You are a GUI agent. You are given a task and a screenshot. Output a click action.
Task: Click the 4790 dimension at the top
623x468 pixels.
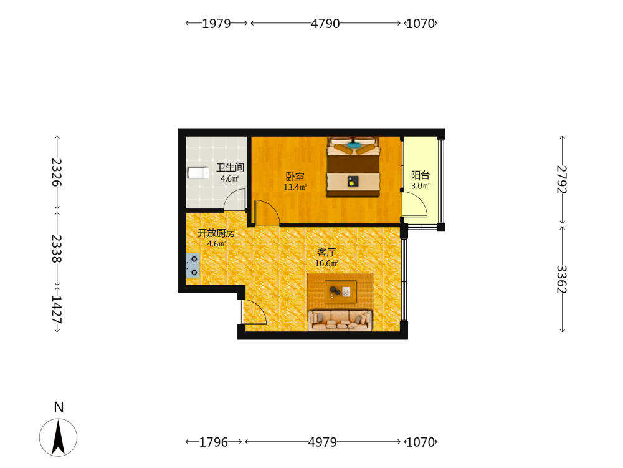(x=325, y=24)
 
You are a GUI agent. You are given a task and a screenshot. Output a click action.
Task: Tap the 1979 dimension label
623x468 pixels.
(x=217, y=24)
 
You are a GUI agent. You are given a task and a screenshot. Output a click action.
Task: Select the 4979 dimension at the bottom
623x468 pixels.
(x=323, y=442)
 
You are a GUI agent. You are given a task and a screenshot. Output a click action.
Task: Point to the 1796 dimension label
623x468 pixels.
(x=214, y=442)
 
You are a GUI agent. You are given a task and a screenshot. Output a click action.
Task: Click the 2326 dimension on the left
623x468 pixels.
(x=57, y=172)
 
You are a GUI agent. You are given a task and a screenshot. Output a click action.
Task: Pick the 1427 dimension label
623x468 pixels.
(x=57, y=310)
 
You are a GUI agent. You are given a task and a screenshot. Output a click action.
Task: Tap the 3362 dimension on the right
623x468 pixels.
(x=562, y=280)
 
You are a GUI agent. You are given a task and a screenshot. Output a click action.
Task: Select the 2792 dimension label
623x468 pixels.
(x=562, y=180)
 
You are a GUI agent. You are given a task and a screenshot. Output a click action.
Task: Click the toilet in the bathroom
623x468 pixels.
(x=198, y=173)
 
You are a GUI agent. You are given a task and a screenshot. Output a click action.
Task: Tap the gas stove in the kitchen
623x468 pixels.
(x=193, y=265)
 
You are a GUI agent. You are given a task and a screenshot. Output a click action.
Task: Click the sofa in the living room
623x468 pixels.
(x=340, y=320)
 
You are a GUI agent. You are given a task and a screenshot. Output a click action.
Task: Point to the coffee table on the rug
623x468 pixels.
(x=341, y=291)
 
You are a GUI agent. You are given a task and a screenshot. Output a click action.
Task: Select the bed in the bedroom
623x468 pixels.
(x=353, y=167)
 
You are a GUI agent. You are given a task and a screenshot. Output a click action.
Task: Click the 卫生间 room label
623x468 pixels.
(x=230, y=167)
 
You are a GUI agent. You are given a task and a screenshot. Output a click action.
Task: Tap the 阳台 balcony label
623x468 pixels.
(x=421, y=175)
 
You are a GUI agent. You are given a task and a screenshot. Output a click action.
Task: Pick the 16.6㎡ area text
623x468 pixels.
(x=326, y=263)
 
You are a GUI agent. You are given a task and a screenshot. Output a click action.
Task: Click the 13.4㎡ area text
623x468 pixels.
(x=295, y=187)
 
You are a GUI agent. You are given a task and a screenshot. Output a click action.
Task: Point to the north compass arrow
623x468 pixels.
(x=59, y=437)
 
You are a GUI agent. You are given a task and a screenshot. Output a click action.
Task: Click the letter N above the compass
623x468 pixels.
(x=59, y=407)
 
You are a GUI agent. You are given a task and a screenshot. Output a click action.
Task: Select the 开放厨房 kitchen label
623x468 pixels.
(x=216, y=233)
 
